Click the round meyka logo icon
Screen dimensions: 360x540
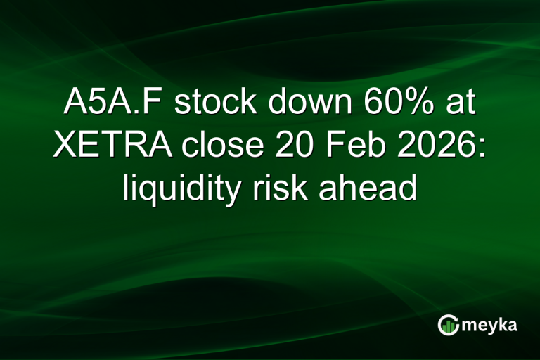[x=448, y=325]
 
